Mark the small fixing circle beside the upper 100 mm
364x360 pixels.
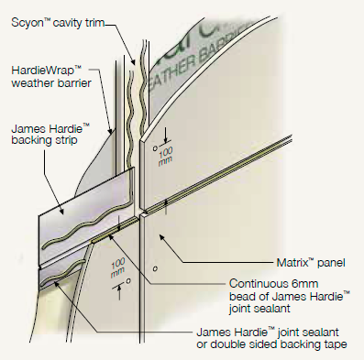click(x=156, y=144)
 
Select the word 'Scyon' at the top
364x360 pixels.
click(x=26, y=18)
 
